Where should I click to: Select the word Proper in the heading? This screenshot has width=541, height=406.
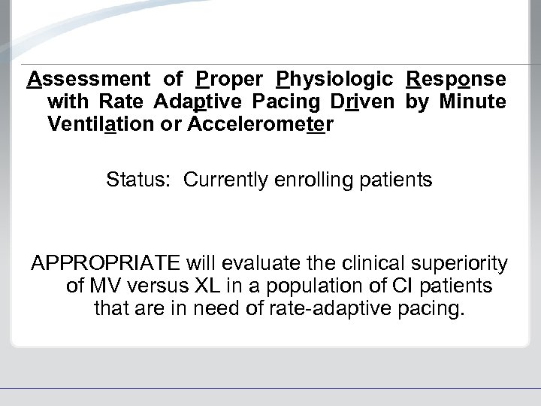227,79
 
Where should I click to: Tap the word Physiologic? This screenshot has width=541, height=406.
334,79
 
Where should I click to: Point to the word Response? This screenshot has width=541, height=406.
456,79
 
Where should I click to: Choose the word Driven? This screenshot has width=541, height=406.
360,101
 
